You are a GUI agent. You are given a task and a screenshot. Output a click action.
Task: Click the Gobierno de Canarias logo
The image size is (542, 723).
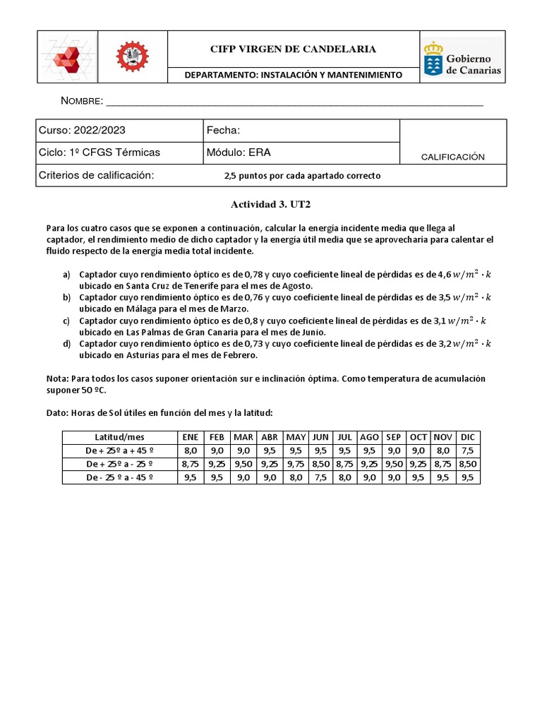[x=462, y=58]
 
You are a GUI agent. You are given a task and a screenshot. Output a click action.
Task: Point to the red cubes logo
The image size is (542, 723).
[x=68, y=57]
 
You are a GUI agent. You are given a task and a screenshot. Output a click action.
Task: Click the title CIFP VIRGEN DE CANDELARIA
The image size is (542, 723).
[x=293, y=49]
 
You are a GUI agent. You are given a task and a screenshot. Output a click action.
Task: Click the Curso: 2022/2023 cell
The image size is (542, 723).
[x=119, y=131]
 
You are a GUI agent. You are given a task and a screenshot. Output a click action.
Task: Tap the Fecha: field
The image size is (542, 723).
[x=301, y=131]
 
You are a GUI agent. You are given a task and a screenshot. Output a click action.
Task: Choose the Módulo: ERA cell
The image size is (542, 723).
[x=301, y=153]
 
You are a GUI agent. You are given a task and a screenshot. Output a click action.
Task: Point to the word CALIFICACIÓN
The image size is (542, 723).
[x=452, y=157]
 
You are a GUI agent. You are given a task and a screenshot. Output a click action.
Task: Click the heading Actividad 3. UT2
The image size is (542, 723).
[x=271, y=204]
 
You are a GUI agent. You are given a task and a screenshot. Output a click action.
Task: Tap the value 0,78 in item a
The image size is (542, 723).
[x=253, y=274]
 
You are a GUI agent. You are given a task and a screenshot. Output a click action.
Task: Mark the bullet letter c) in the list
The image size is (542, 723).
[x=66, y=321]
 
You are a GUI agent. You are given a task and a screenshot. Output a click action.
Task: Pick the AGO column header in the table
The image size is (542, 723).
[x=369, y=437]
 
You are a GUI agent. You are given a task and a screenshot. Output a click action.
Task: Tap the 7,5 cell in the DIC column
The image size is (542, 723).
[x=467, y=450]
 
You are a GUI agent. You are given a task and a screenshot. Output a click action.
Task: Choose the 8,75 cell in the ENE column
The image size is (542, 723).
[x=189, y=464]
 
